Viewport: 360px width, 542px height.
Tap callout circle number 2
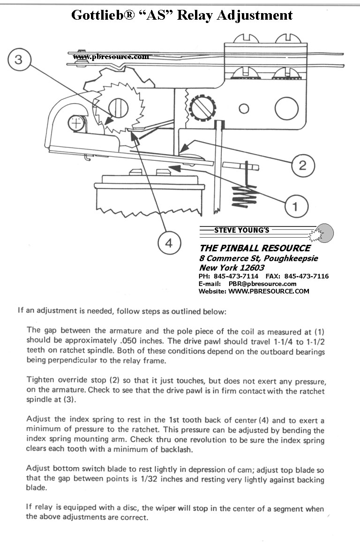(302, 165)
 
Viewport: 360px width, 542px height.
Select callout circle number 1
(295, 206)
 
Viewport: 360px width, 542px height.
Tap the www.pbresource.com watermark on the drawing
(111, 57)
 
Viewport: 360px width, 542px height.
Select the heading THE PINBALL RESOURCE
(255, 248)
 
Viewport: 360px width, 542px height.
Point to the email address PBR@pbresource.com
(262, 284)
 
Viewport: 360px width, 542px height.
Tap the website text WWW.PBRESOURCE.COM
(269, 291)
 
